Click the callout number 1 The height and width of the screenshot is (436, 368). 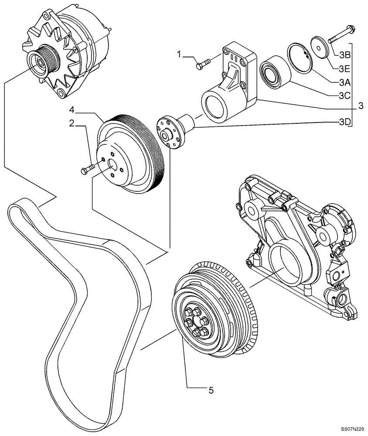179,55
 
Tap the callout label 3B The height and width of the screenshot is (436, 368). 344,55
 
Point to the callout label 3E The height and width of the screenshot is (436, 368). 344,68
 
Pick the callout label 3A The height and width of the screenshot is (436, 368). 344,82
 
